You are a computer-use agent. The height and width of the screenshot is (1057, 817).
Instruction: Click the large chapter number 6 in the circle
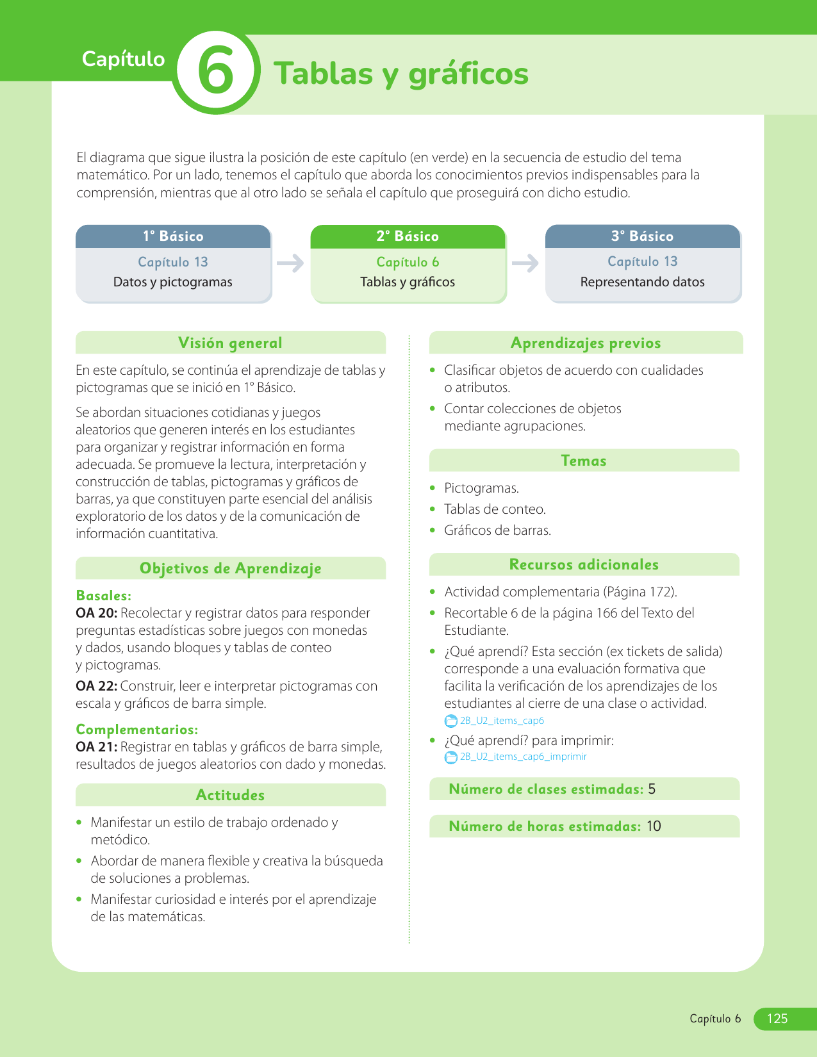(216, 72)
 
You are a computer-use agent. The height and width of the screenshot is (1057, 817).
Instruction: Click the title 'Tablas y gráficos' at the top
(401, 73)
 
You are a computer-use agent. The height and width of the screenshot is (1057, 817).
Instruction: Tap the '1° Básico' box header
(173, 236)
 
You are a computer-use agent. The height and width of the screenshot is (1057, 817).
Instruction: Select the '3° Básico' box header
(643, 236)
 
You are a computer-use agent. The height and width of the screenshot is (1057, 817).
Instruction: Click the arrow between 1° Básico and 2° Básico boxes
(290, 263)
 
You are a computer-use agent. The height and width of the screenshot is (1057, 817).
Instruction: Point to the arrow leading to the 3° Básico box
(525, 263)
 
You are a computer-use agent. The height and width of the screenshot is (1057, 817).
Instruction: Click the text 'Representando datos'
(642, 282)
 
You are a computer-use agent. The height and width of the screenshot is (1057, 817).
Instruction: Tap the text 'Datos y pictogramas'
(173, 282)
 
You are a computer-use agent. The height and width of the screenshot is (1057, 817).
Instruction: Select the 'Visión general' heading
(230, 343)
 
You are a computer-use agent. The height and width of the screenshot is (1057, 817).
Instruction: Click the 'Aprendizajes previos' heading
(586, 343)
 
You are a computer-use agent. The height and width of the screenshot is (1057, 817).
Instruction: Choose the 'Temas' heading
(584, 461)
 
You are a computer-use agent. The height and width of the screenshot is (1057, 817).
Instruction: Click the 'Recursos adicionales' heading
(584, 564)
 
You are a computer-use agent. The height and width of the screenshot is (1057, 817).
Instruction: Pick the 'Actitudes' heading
(230, 795)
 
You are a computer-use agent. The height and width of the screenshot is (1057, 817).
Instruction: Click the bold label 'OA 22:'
(96, 686)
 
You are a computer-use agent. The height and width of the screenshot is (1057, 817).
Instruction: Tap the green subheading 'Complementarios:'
(137, 730)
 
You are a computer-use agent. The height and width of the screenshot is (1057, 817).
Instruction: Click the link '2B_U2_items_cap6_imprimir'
(523, 757)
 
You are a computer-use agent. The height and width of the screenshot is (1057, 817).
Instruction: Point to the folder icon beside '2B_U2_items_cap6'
(451, 721)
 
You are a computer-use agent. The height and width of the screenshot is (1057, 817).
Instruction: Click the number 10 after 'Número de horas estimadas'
(654, 826)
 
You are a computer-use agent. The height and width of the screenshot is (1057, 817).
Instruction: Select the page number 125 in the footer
(777, 1019)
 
